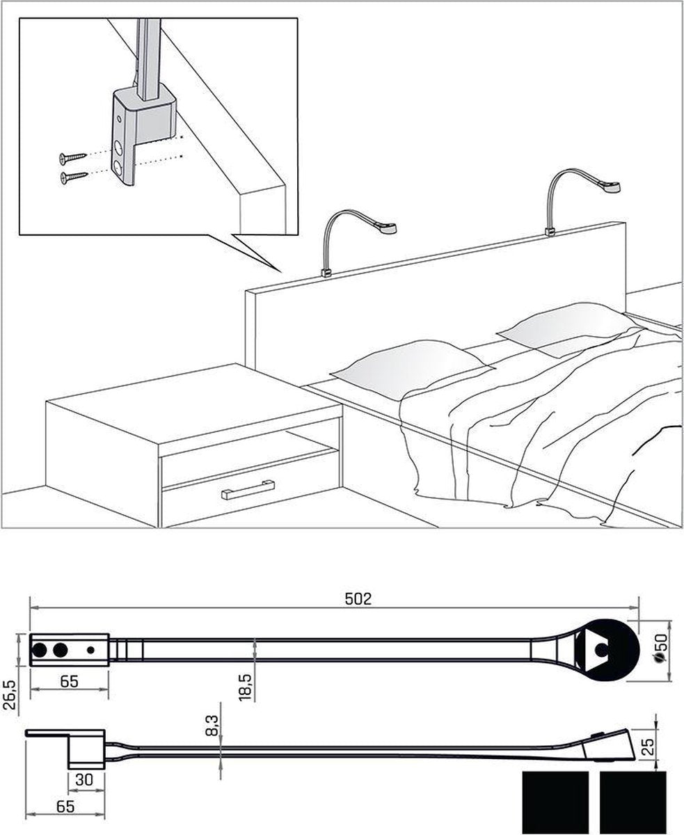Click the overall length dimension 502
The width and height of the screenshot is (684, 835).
(x=360, y=599)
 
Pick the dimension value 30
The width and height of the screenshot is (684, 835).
(x=85, y=781)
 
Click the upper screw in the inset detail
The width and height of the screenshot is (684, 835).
(x=72, y=156)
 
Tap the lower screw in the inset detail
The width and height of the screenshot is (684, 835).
(x=73, y=177)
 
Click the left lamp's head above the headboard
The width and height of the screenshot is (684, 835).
(x=383, y=228)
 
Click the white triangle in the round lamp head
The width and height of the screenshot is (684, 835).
(x=595, y=649)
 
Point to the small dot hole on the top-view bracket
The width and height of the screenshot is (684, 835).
(x=91, y=650)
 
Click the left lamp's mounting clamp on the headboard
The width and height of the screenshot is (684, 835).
(x=325, y=272)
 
